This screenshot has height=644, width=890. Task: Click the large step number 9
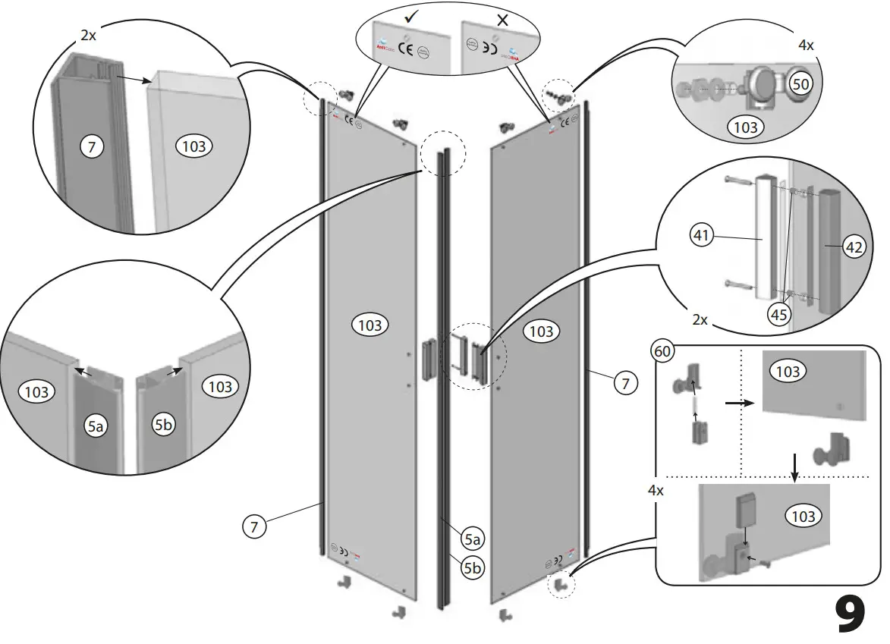point(850,614)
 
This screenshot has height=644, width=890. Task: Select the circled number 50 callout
point(800,84)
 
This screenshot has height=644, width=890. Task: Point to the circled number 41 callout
point(702,236)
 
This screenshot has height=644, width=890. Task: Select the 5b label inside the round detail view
point(163,426)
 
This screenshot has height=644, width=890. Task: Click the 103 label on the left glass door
point(370,325)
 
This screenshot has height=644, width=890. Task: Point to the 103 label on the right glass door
point(541,331)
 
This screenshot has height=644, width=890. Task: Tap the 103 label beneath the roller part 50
point(746,127)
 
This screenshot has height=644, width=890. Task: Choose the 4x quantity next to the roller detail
point(806,46)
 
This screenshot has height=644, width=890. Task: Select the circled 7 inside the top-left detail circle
point(91,148)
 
